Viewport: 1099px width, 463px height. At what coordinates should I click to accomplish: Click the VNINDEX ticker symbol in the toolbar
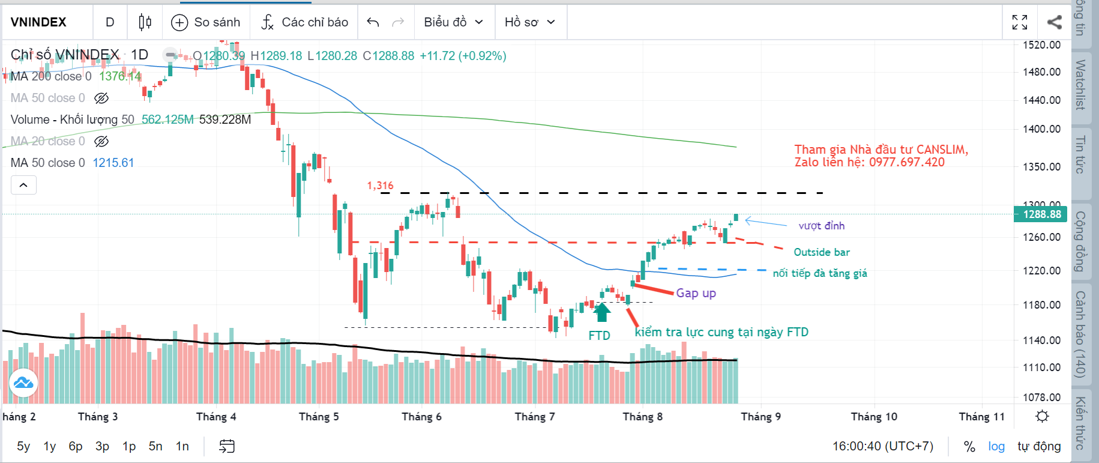[38, 22]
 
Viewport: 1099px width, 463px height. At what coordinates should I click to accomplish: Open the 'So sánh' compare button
[206, 22]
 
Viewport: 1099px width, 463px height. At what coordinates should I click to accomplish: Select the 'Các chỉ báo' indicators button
[304, 22]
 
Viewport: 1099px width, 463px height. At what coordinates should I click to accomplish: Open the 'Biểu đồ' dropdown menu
[453, 22]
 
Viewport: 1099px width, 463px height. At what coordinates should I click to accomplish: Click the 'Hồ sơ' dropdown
[529, 22]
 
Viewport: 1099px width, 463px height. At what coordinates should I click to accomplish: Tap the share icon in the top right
[1054, 22]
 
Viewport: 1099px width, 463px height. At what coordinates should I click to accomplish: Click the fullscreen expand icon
[1019, 22]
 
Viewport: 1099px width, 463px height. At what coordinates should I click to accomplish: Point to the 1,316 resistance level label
[380, 186]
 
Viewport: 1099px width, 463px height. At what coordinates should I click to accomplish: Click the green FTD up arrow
[601, 312]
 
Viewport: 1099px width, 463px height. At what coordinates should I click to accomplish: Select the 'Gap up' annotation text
[696, 293]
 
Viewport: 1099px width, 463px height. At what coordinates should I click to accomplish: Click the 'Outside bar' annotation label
[821, 252]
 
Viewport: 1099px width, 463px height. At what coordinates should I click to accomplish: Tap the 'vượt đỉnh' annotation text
[821, 226]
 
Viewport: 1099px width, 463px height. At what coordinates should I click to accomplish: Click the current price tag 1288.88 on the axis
[1041, 214]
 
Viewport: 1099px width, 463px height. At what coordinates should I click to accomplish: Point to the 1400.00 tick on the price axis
[1041, 129]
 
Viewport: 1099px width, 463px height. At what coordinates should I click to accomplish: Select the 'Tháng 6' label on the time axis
[421, 417]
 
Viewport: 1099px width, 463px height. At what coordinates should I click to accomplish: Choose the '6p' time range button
[75, 446]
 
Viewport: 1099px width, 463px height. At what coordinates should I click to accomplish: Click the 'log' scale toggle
[996, 446]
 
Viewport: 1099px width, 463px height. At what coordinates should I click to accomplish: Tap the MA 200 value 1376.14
[120, 76]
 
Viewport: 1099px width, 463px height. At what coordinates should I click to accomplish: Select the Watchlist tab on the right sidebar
[1080, 85]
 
